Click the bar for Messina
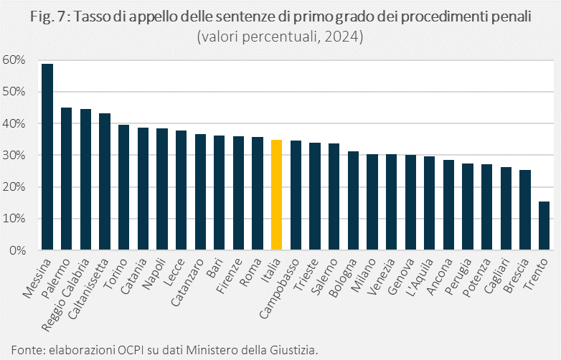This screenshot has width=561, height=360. (x=47, y=158)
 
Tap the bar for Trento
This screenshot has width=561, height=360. (x=544, y=226)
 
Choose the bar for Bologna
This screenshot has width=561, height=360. (x=353, y=201)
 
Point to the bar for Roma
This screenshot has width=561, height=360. (x=258, y=194)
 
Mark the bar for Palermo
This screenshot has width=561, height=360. (x=66, y=179)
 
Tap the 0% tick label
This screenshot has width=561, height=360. (x=17, y=251)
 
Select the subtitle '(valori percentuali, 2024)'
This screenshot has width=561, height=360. (x=280, y=37)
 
